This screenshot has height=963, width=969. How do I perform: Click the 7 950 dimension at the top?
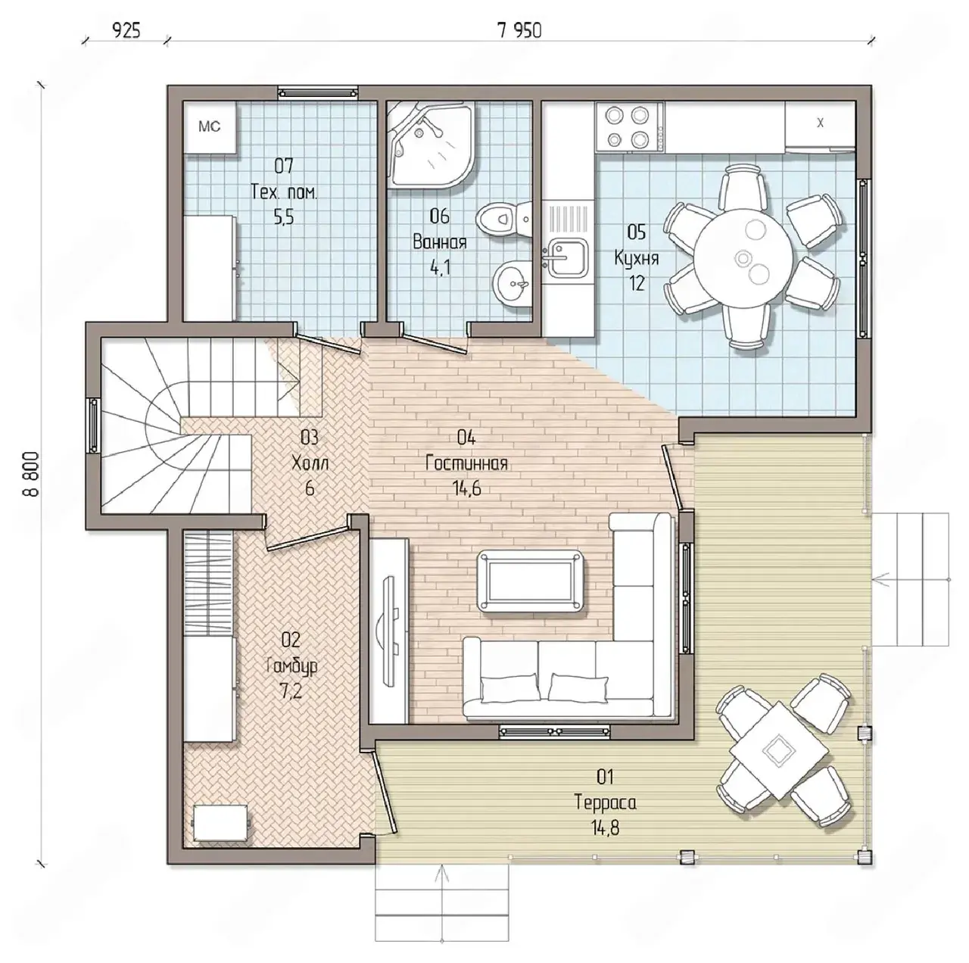[519, 31]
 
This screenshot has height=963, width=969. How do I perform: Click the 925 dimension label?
[126, 31]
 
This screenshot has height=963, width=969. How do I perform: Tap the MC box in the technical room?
[210, 126]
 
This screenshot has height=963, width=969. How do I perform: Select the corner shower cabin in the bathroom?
[432, 145]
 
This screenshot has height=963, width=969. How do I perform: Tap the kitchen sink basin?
[567, 258]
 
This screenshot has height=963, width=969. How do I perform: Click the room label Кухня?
[636, 258]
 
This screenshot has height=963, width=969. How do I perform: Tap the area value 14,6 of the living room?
[466, 488]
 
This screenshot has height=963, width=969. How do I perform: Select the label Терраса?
[605, 802]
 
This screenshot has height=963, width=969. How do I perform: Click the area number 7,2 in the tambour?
[291, 690]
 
